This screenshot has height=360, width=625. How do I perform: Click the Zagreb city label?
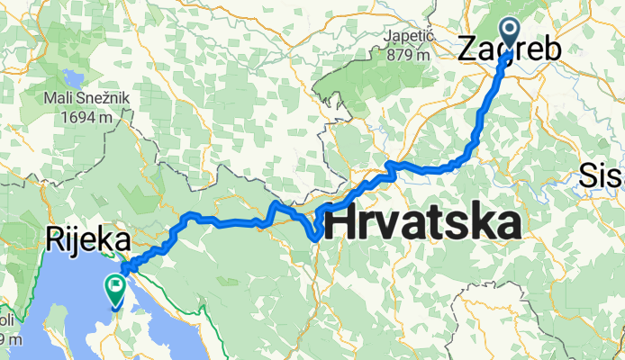[508, 50]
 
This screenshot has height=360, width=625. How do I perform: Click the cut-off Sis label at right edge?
[602, 173]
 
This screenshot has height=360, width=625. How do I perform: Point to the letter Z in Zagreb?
[470, 49]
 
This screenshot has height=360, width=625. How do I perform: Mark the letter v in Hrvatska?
[388, 225]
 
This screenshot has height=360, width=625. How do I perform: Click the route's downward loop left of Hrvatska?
[314, 232]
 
